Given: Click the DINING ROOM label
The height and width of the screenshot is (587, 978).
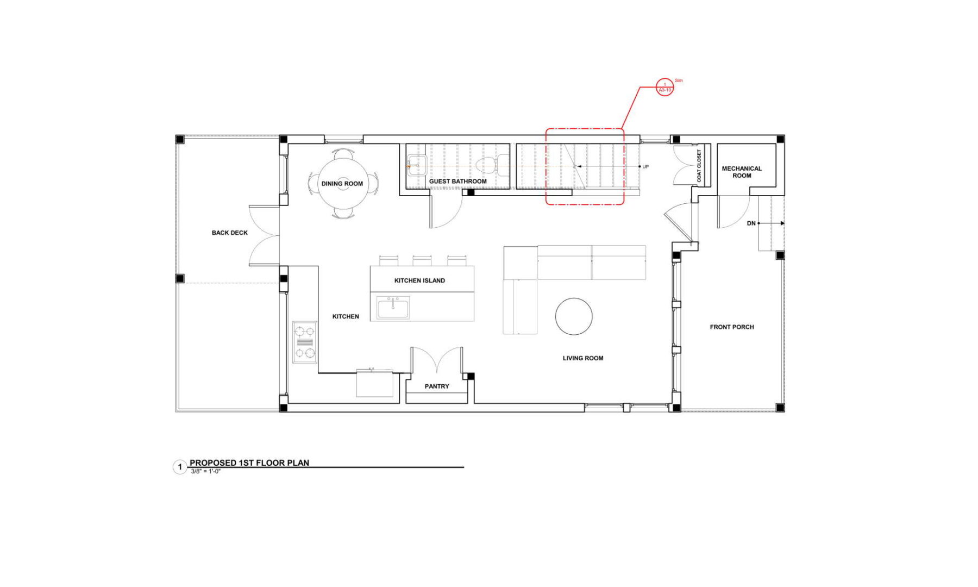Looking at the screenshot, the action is click(x=342, y=184).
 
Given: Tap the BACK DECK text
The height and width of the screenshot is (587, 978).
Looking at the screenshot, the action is click(x=229, y=233).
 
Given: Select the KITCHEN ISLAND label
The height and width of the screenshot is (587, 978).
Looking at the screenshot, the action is click(x=419, y=280).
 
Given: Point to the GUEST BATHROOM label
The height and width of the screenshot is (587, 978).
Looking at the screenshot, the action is click(x=457, y=182).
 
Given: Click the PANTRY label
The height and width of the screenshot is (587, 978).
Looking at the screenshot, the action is click(x=437, y=386).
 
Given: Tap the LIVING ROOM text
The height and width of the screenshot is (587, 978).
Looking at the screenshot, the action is click(x=583, y=358).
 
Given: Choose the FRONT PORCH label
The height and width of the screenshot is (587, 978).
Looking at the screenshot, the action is click(x=732, y=327).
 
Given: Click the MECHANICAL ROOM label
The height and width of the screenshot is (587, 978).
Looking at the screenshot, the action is click(x=742, y=172).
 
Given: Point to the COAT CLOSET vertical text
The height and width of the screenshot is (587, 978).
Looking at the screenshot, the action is click(x=699, y=166).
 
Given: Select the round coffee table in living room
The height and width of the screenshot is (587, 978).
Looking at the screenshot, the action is click(x=574, y=316).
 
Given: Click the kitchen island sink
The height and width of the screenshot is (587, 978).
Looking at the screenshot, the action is click(x=393, y=308).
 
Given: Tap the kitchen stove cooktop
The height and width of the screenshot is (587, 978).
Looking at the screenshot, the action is click(x=305, y=342).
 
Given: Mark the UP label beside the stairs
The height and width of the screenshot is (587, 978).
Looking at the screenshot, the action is click(x=645, y=167).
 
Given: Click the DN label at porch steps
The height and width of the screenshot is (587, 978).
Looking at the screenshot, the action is click(x=751, y=223).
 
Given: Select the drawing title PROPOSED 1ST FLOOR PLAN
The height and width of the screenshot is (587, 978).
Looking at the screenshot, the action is click(x=249, y=463).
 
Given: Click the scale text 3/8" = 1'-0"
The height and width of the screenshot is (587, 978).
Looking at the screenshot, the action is click(x=205, y=471).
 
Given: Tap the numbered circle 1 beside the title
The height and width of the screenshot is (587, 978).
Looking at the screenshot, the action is click(x=180, y=467).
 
